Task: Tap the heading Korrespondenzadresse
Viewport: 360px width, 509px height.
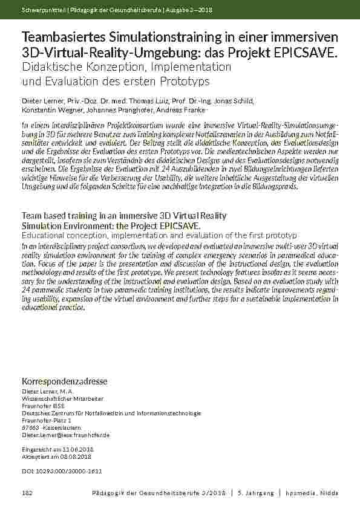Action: (x=65, y=381)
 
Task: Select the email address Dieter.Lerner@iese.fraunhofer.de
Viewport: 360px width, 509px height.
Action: (x=66, y=435)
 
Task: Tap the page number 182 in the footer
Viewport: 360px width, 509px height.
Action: (x=26, y=494)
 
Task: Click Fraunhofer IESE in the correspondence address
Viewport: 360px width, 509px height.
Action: (x=43, y=406)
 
